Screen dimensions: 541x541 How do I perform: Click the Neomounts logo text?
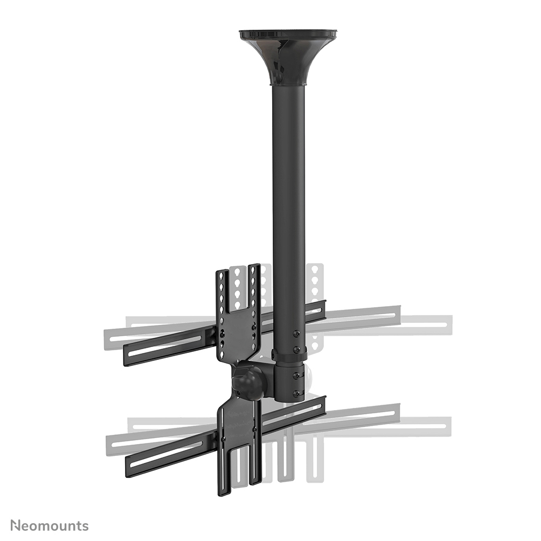tap(50, 525)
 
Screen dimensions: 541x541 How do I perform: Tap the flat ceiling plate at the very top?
tap(287, 34)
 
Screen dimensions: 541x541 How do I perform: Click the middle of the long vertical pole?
tap(288, 216)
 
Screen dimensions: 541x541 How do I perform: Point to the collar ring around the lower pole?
tap(289, 353)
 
